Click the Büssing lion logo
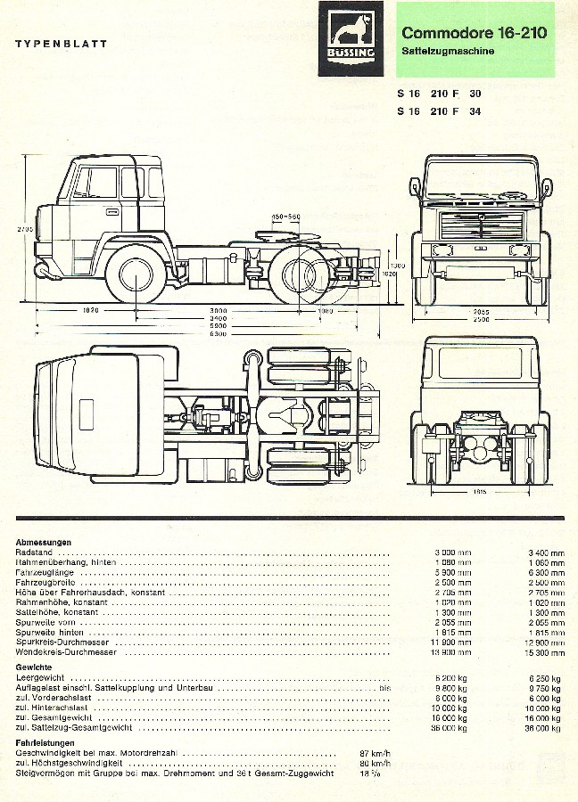point(351,38)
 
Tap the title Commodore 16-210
point(474,33)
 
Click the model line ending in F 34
point(439,111)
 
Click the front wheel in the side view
point(136,276)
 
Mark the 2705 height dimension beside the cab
point(24,230)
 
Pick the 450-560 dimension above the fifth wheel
point(285,217)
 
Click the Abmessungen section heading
point(44,542)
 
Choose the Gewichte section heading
point(34,667)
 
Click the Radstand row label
point(34,552)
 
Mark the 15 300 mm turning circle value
point(546,653)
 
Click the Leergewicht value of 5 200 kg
point(454,678)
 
